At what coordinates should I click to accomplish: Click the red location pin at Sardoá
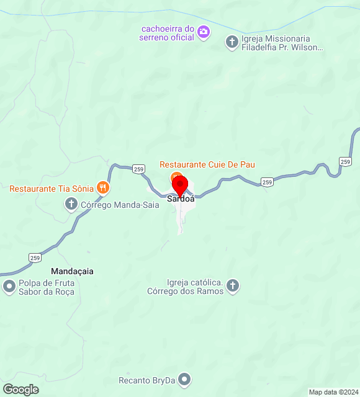coord(179,185)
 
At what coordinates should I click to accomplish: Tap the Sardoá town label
coord(181,199)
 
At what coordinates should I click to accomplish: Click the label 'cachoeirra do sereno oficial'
coord(168,33)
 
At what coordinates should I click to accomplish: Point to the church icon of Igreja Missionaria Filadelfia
coord(232,42)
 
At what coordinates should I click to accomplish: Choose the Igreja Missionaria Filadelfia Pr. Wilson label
coord(282,42)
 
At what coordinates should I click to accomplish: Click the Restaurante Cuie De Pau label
coord(207,164)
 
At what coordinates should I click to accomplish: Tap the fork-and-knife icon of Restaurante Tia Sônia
coord(103,187)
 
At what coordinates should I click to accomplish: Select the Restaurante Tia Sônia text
coord(52,188)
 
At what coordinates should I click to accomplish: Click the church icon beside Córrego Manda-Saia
coord(71,203)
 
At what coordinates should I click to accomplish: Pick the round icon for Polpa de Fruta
coord(9,287)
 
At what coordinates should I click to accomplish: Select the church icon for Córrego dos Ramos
coord(232,285)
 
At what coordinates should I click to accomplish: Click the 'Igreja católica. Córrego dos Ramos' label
coord(185,286)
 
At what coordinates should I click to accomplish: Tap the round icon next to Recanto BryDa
coord(184,380)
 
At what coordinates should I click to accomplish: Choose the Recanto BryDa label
coord(148,380)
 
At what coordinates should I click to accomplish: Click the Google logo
coord(20,390)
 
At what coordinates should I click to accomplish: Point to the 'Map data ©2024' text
coord(333,392)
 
